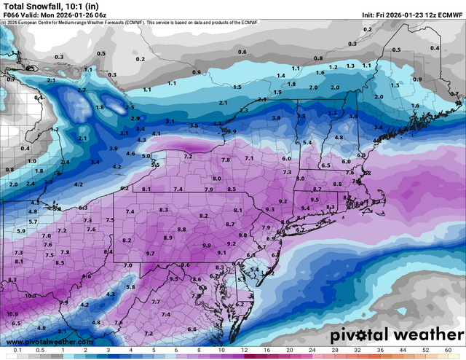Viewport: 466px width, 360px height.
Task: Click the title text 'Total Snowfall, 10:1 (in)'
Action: click(44, 6)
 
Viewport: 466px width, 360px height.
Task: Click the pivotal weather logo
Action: click(394, 336)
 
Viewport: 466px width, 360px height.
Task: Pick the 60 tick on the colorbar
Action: click(457, 351)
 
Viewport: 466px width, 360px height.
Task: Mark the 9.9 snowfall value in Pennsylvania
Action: click(207, 245)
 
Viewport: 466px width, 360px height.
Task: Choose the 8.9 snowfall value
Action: click(168, 238)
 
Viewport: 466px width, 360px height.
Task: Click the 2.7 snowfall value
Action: click(82, 90)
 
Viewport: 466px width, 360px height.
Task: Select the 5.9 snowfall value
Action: click(21, 231)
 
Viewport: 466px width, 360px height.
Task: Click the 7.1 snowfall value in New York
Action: click(249, 158)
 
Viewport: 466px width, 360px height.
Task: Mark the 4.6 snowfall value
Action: click(130, 154)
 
